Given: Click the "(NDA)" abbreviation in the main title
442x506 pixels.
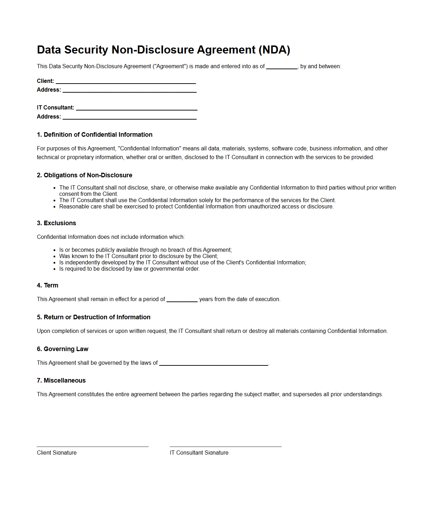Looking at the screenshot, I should [274, 50].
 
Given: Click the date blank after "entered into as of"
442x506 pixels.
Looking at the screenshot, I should [282, 67].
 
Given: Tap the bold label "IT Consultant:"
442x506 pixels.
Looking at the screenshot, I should [56, 108].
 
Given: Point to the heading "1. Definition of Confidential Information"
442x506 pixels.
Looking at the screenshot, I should [94, 135].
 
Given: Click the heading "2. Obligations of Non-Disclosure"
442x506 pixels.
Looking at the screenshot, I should [84, 175].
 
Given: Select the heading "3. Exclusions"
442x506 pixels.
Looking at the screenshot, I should [56, 223].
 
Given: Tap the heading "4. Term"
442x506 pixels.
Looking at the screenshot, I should [48, 285].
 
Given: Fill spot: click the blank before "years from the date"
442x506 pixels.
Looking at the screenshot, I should [182, 300].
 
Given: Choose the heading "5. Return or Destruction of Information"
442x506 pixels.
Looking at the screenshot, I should [93, 317].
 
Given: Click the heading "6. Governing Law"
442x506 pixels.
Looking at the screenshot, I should [63, 349].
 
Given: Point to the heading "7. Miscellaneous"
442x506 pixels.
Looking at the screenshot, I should [61, 380].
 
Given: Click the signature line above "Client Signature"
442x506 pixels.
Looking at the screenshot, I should [93, 446].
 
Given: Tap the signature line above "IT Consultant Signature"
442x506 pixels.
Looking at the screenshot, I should [226, 446].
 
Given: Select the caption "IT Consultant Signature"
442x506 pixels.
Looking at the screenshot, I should [199, 452].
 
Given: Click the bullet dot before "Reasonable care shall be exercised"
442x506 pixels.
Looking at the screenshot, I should [55, 207].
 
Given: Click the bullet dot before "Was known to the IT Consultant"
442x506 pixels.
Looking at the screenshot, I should [55, 257].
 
